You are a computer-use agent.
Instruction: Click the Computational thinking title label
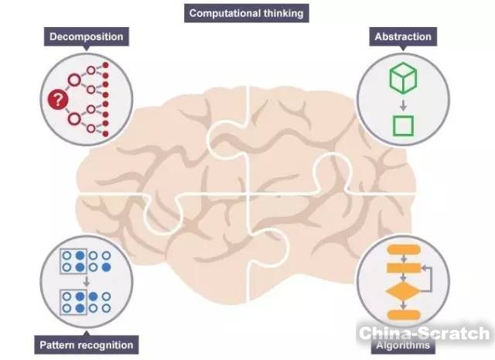click(x=247, y=12)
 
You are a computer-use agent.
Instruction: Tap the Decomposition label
click(x=87, y=36)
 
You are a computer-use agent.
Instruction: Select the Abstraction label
click(x=402, y=36)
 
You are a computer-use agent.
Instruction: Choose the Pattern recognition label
click(x=86, y=345)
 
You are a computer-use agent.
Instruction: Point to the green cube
click(x=403, y=77)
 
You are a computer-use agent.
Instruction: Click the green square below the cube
click(x=403, y=125)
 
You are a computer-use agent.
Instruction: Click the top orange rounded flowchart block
click(x=402, y=250)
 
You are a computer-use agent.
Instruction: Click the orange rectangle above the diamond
click(x=402, y=268)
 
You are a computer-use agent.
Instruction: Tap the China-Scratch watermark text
click(x=423, y=334)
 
